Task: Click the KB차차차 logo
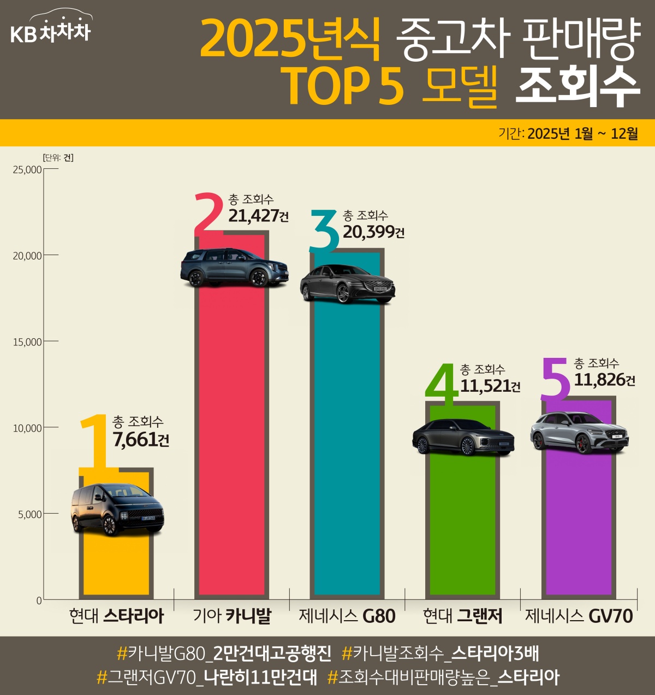(x=51, y=31)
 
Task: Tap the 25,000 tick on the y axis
(x=27, y=169)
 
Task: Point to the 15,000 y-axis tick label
(x=27, y=342)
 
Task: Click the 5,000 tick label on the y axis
(x=30, y=514)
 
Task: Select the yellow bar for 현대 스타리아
(x=116, y=563)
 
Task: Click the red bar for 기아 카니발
(x=231, y=437)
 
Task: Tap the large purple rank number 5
(x=556, y=378)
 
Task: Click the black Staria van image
(x=117, y=509)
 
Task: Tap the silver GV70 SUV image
(x=579, y=433)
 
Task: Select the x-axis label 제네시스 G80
(x=347, y=616)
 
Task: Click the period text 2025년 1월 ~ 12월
(x=583, y=134)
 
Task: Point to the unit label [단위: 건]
(x=58, y=158)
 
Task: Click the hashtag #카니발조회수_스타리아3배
(x=440, y=653)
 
